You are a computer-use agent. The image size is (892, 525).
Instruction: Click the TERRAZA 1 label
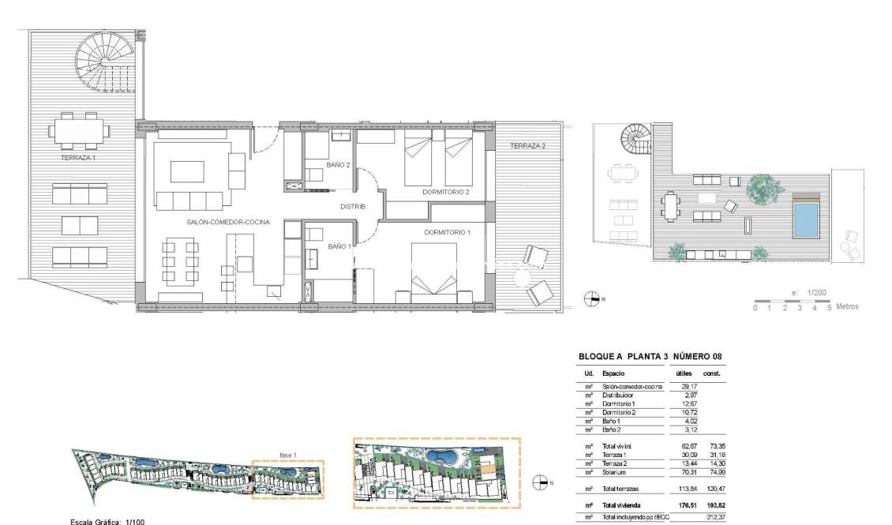pos(77,158)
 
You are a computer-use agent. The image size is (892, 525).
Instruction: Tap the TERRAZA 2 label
pos(528,146)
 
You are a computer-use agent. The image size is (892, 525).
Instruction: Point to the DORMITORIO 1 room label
pos(448,232)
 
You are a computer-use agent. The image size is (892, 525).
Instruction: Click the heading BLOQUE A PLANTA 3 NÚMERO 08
pos(650,356)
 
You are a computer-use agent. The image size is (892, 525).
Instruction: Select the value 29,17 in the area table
pos(688,386)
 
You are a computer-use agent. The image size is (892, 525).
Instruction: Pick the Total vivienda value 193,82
pos(717,504)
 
